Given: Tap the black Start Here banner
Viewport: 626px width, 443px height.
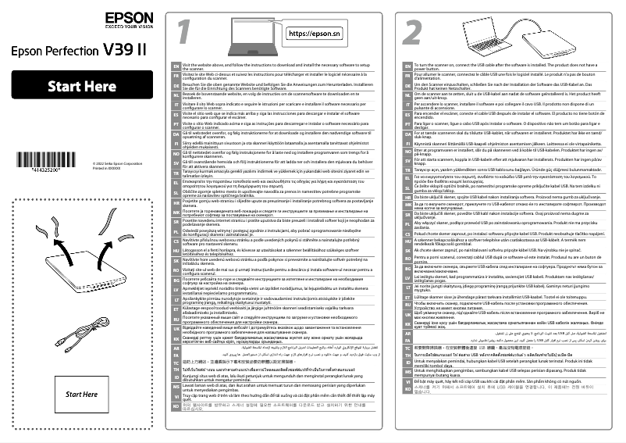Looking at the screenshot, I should tap(82, 86).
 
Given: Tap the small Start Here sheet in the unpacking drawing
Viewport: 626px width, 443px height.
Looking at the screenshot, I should tap(82, 394).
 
